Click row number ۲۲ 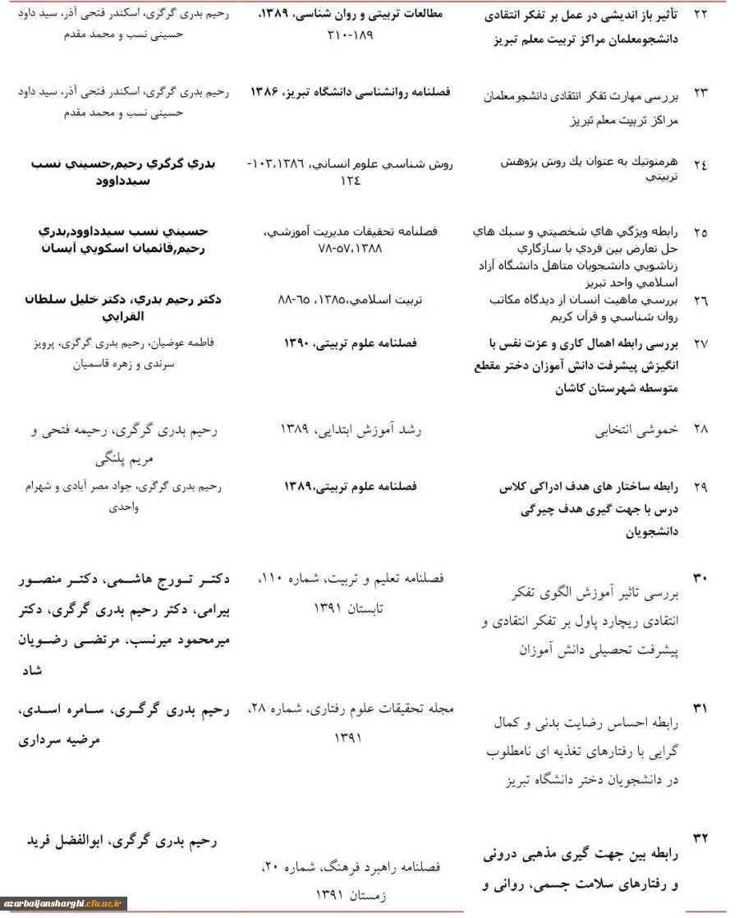[x=700, y=16]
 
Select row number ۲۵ [x=700, y=232]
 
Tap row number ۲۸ [x=700, y=429]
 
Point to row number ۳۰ [x=700, y=578]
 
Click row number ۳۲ [x=700, y=838]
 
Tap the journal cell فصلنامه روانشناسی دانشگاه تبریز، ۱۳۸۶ [x=351, y=92]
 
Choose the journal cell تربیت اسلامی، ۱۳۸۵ [x=351, y=301]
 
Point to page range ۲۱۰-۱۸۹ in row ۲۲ [x=351, y=36]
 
